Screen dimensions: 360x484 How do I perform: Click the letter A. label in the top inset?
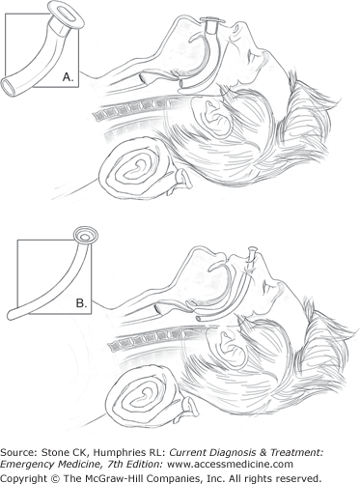click(x=68, y=77)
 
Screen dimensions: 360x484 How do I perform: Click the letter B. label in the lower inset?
click(x=81, y=303)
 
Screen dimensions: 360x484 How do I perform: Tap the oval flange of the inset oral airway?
click(x=66, y=14)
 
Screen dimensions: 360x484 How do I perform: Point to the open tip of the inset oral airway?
click(x=9, y=87)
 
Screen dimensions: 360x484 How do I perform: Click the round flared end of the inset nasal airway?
click(x=85, y=236)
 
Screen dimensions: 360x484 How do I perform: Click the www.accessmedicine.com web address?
click(x=231, y=465)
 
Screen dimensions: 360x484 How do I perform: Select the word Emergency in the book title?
click(x=24, y=465)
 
